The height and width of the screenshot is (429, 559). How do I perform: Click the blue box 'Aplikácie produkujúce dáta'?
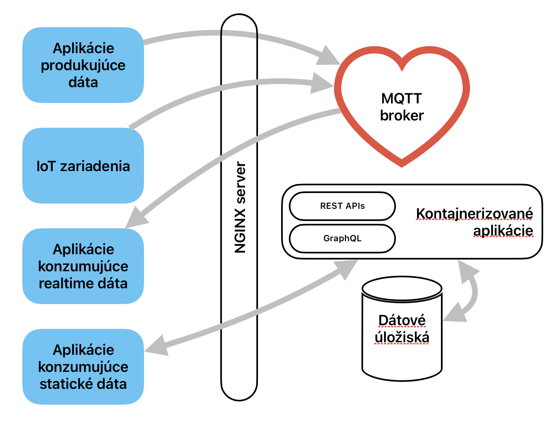point(83,65)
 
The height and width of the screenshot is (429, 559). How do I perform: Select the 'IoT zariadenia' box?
point(83,166)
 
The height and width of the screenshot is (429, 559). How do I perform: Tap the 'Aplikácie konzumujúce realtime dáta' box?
point(83,266)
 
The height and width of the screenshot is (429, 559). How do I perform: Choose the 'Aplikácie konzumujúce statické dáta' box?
point(83,367)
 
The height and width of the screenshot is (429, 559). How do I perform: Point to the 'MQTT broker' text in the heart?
point(402,107)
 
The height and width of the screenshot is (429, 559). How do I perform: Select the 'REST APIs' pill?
point(342,206)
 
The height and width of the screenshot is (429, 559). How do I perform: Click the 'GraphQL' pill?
point(342,238)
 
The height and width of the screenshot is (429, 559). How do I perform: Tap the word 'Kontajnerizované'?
point(475,213)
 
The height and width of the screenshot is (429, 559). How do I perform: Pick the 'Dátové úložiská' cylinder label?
point(402,329)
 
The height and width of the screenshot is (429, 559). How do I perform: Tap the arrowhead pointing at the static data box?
point(156,347)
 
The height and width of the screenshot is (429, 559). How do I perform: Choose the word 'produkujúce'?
point(83,65)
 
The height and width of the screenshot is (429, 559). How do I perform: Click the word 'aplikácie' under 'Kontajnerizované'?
point(503,231)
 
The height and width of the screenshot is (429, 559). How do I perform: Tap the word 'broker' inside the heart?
point(402,116)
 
